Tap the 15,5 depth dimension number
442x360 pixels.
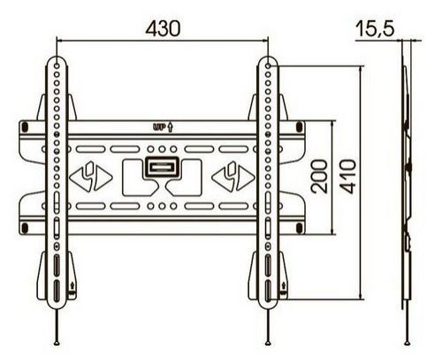tap(374, 27)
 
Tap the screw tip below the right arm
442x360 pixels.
tap(268, 342)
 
